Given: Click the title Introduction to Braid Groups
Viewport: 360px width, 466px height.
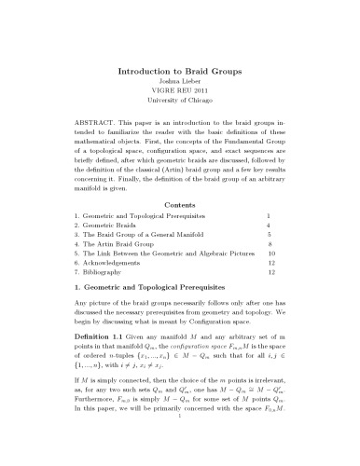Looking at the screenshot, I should click(x=180, y=70).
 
